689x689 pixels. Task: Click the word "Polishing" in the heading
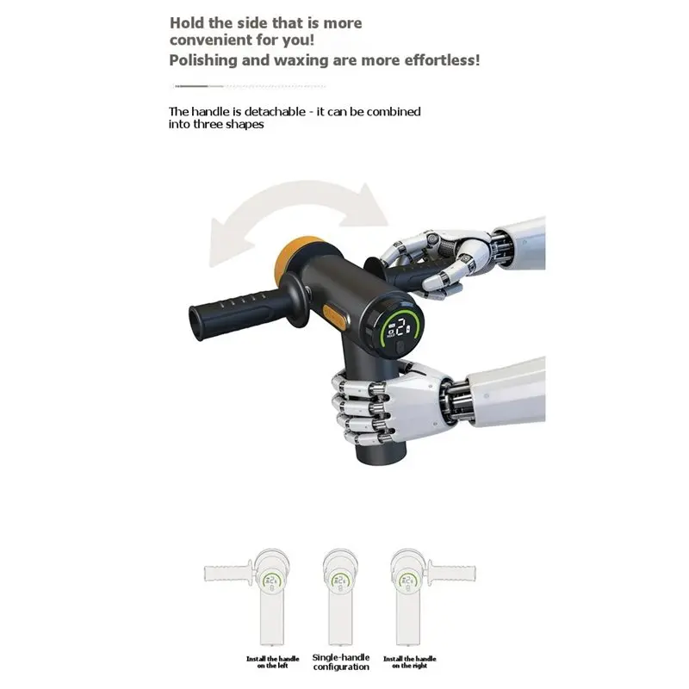pos(203,60)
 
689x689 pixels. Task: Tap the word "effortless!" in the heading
pos(443,59)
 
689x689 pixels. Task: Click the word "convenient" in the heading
pos(211,40)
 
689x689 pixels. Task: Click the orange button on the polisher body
pos(334,317)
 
